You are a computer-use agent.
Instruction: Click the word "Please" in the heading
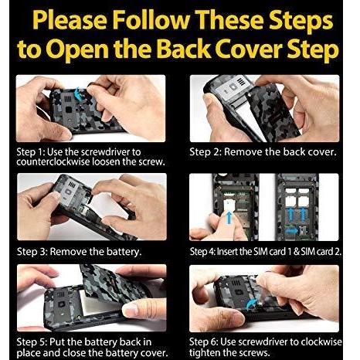coord(70,21)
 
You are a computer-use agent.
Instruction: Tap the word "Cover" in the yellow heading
coord(249,49)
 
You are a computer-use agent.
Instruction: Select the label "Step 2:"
coord(205,152)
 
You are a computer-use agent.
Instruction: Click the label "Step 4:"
coord(202,252)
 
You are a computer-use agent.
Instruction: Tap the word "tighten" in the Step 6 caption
coord(205,352)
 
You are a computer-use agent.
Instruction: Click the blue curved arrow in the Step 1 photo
coord(77,93)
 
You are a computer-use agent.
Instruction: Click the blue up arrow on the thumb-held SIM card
coord(229,216)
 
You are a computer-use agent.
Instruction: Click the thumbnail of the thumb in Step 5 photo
coord(131,310)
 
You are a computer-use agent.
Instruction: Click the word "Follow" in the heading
coord(151,21)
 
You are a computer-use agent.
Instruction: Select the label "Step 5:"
coord(32,342)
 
